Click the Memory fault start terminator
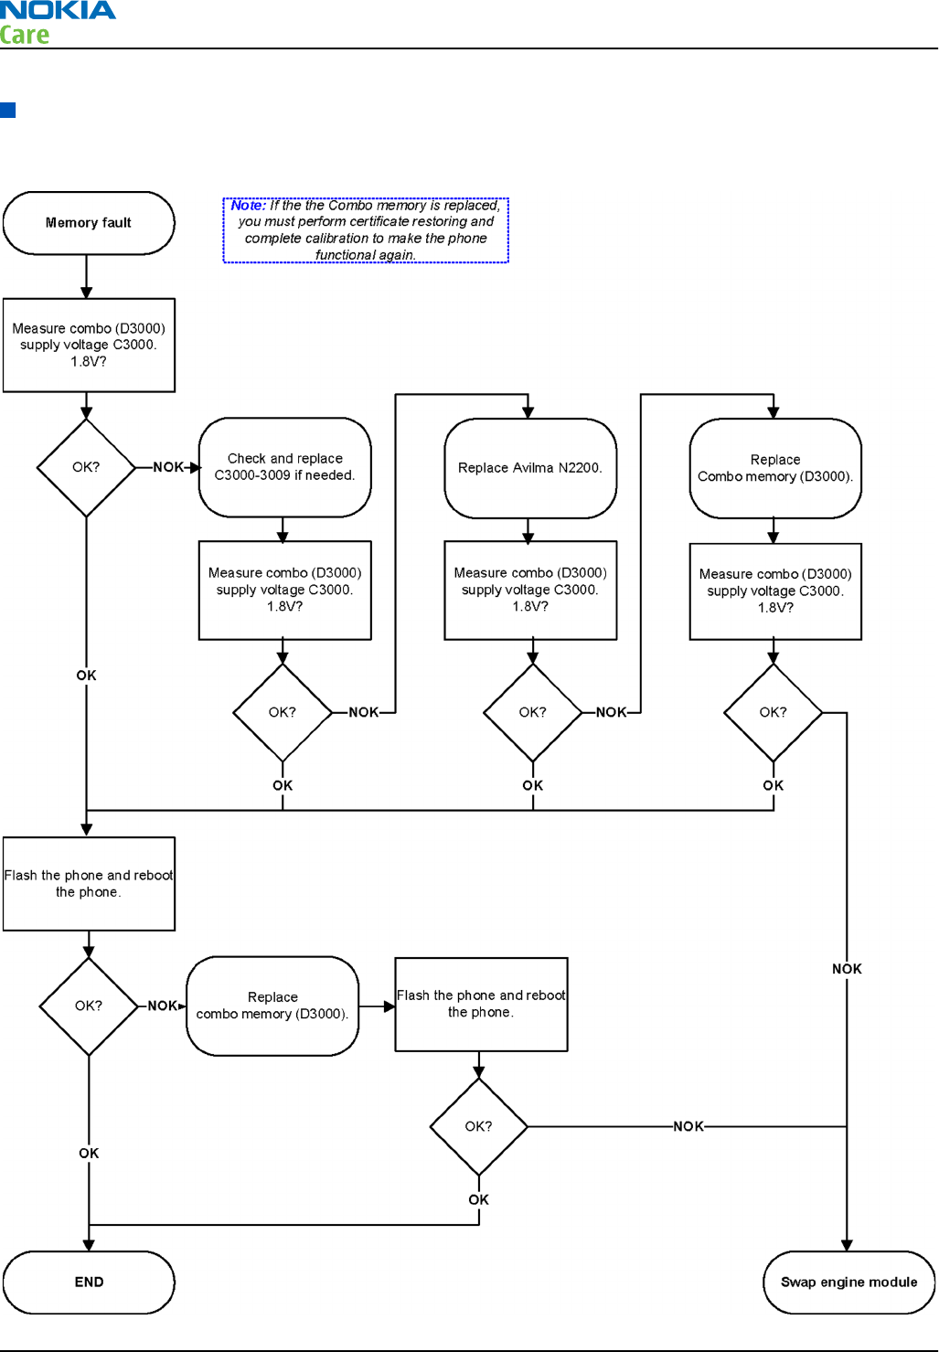(89, 223)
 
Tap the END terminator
(89, 1282)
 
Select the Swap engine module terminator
(848, 1282)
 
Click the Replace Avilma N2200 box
(530, 468)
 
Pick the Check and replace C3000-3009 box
(284, 467)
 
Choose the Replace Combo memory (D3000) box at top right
(775, 468)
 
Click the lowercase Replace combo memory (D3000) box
(272, 1006)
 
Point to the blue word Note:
(248, 205)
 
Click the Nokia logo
(58, 10)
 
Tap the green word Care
(24, 35)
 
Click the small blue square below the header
(8, 110)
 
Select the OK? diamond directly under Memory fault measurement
(86, 467)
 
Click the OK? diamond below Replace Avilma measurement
(533, 712)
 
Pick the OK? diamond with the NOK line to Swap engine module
(773, 712)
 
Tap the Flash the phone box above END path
(89, 884)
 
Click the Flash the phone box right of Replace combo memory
(481, 1005)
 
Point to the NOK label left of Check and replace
(168, 467)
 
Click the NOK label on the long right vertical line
(847, 969)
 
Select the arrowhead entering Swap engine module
(847, 1245)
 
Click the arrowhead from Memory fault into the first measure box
(86, 293)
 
